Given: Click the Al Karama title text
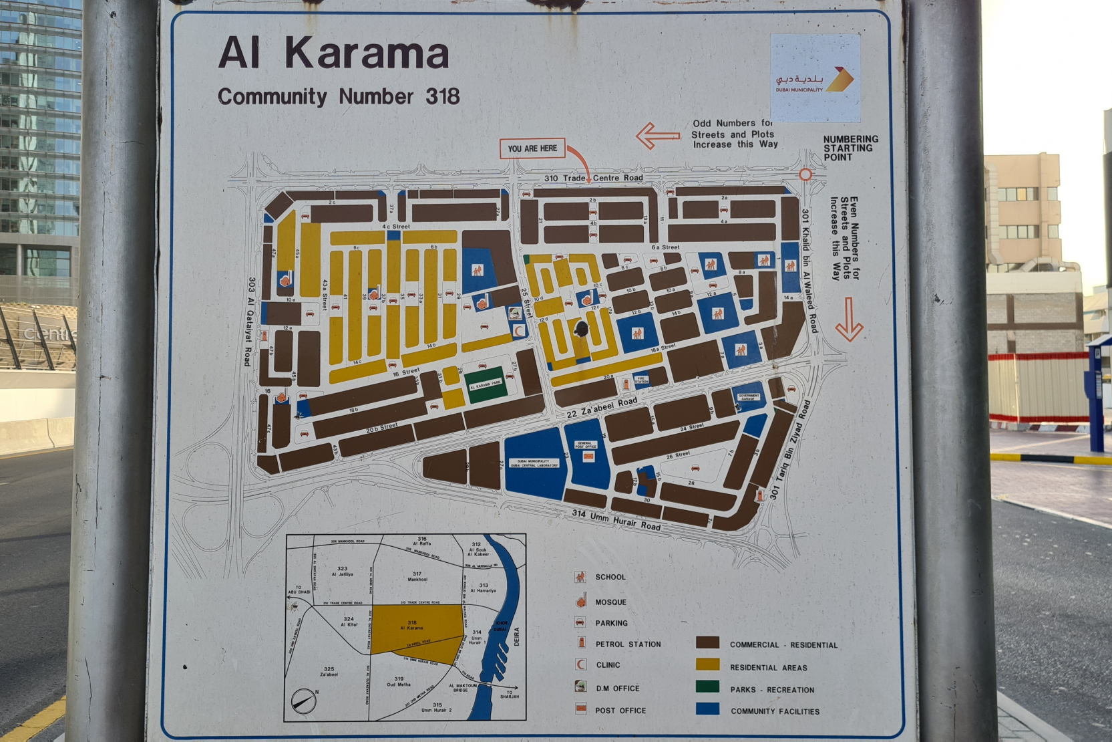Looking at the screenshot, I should coord(333,53).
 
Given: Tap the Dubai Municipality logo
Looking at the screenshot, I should coord(815,79).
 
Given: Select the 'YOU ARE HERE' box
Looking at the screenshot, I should coord(532,148).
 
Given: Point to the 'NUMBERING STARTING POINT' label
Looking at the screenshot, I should coord(850,148).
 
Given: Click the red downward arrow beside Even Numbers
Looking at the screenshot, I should coord(849,320).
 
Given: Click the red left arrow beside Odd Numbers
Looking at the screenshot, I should coord(657,136).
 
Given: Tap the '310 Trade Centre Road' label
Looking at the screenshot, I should coord(593,178).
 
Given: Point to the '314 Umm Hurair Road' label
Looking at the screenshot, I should coord(616,520).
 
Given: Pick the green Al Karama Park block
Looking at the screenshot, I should coord(485,384).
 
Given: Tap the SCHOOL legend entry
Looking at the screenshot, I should coord(610,577).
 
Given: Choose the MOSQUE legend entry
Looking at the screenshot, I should coord(610,602).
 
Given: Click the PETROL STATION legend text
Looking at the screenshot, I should coord(628,644).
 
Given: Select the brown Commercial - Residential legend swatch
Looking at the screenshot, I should coord(707,643).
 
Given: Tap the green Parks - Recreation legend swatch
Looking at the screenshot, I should coord(707,687).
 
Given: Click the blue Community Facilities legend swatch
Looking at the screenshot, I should coord(707,709).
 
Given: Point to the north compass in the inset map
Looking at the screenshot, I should coord(304,700).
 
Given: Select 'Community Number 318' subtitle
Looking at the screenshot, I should coord(339,97).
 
